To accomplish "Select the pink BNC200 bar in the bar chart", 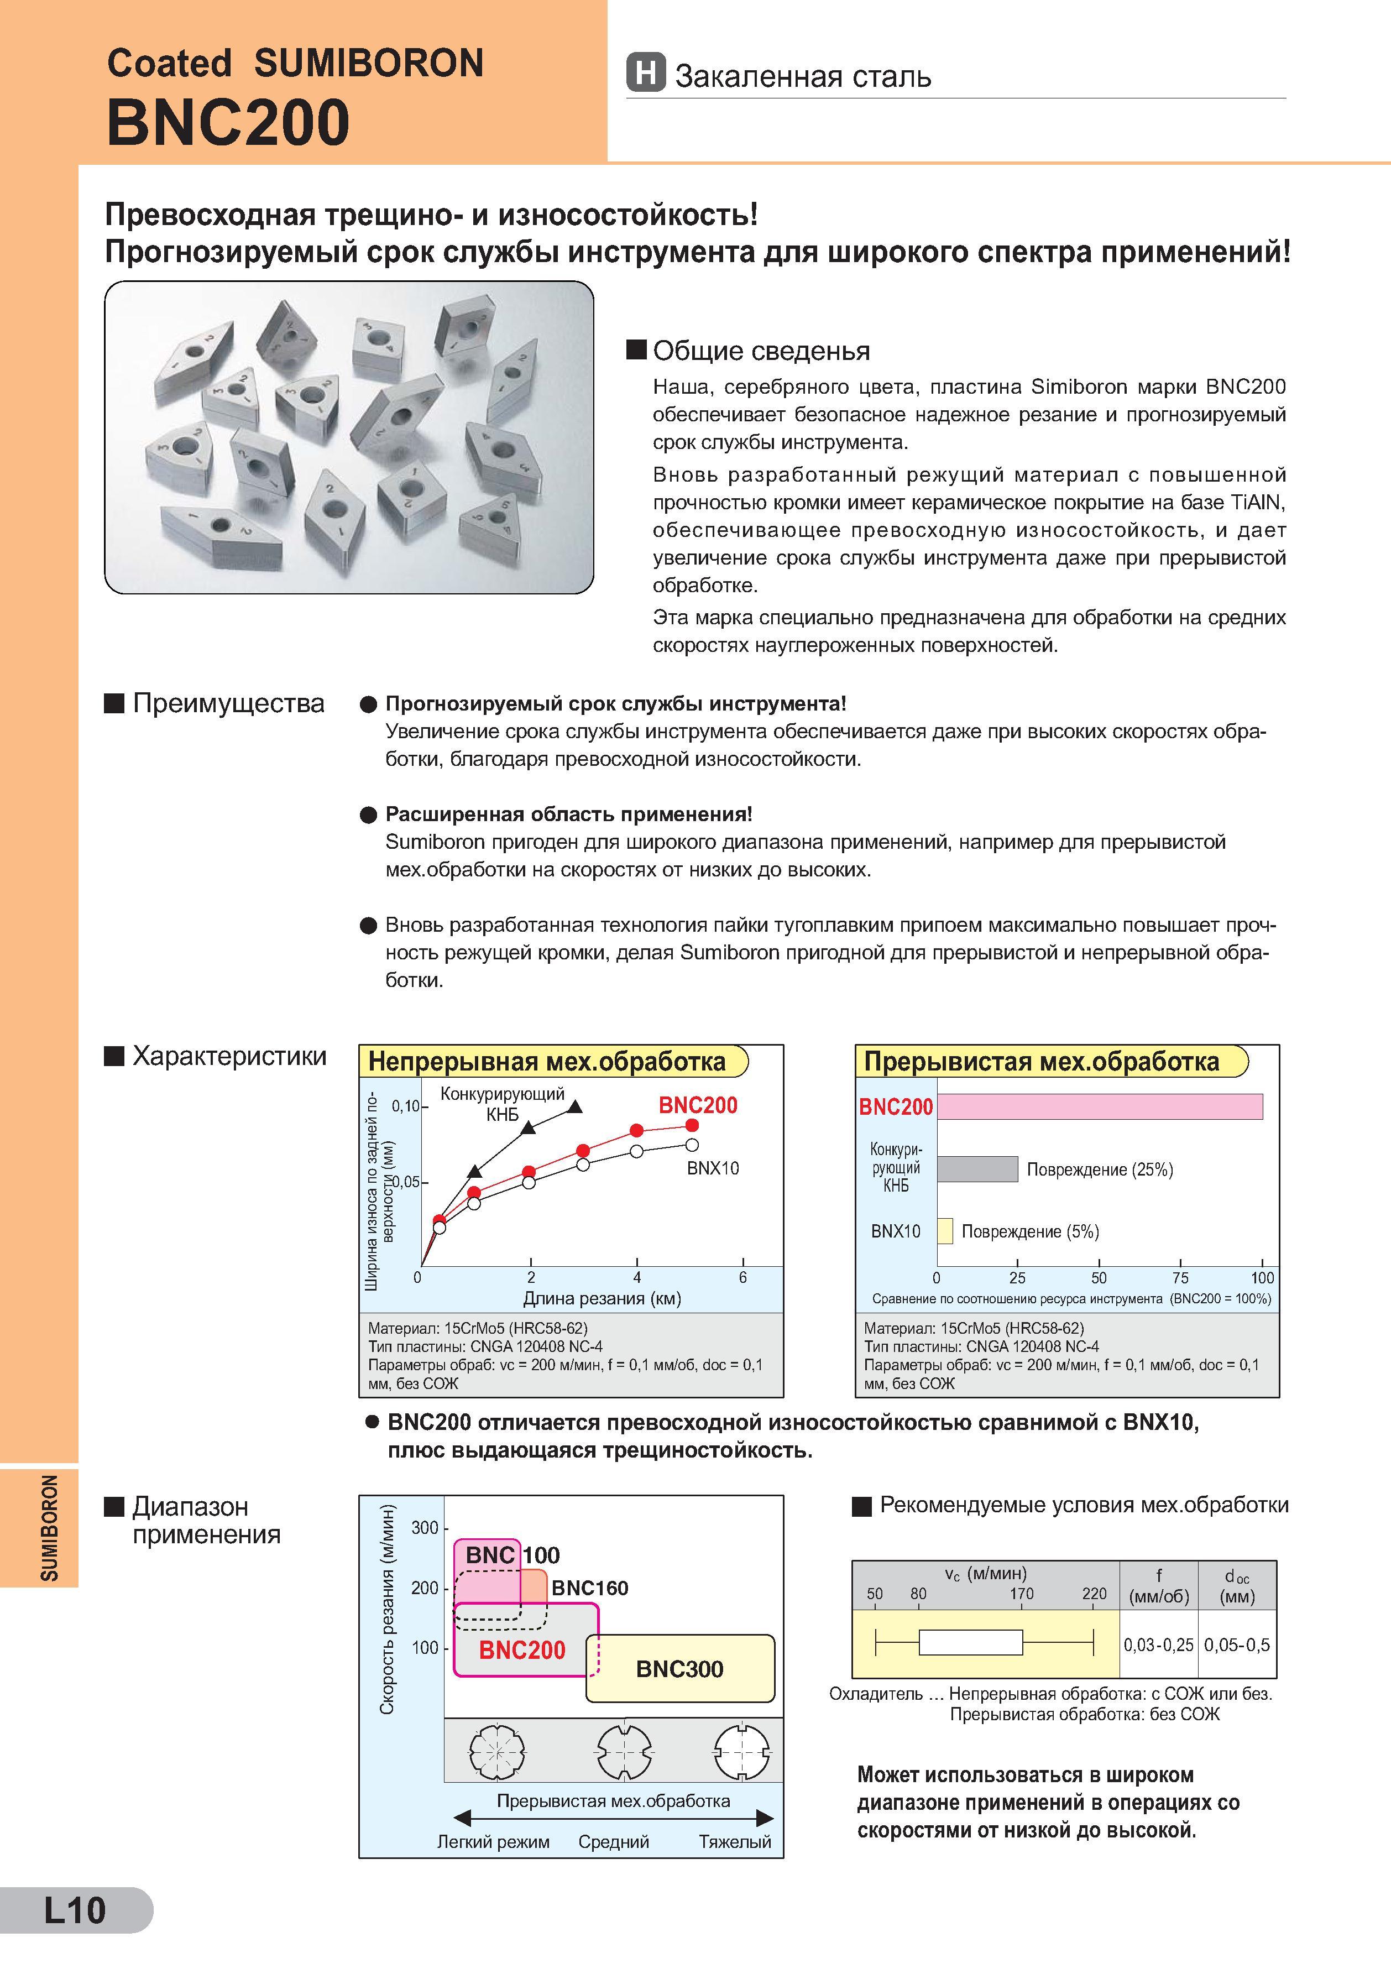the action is pyautogui.click(x=1100, y=1106).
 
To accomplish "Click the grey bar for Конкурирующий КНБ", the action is pyautogui.click(x=977, y=1169).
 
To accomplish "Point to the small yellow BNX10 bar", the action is pyautogui.click(x=945, y=1231).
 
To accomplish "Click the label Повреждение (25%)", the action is pyautogui.click(x=1100, y=1169).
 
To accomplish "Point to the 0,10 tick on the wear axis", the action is pyautogui.click(x=405, y=1106).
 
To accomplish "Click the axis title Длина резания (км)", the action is pyautogui.click(x=602, y=1298).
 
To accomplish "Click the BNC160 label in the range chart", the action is pyautogui.click(x=589, y=1588).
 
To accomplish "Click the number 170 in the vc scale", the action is pyautogui.click(x=1021, y=1594).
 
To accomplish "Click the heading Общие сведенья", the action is pyautogui.click(x=761, y=351).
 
